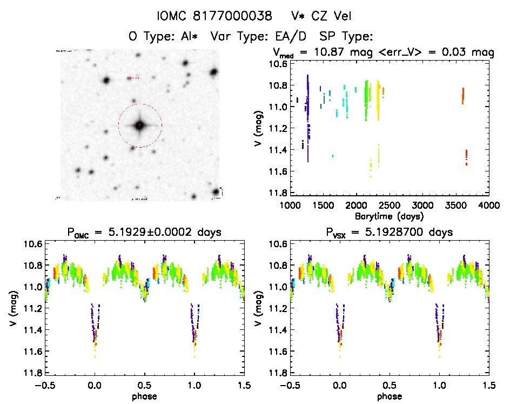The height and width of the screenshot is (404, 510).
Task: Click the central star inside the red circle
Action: [x=140, y=125]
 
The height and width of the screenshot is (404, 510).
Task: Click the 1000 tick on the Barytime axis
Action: [x=290, y=205]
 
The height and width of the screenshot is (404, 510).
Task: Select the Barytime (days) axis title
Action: [x=389, y=215]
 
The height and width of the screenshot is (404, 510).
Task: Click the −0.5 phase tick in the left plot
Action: [x=45, y=385]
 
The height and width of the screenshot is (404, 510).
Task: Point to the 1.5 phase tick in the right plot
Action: [x=488, y=385]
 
